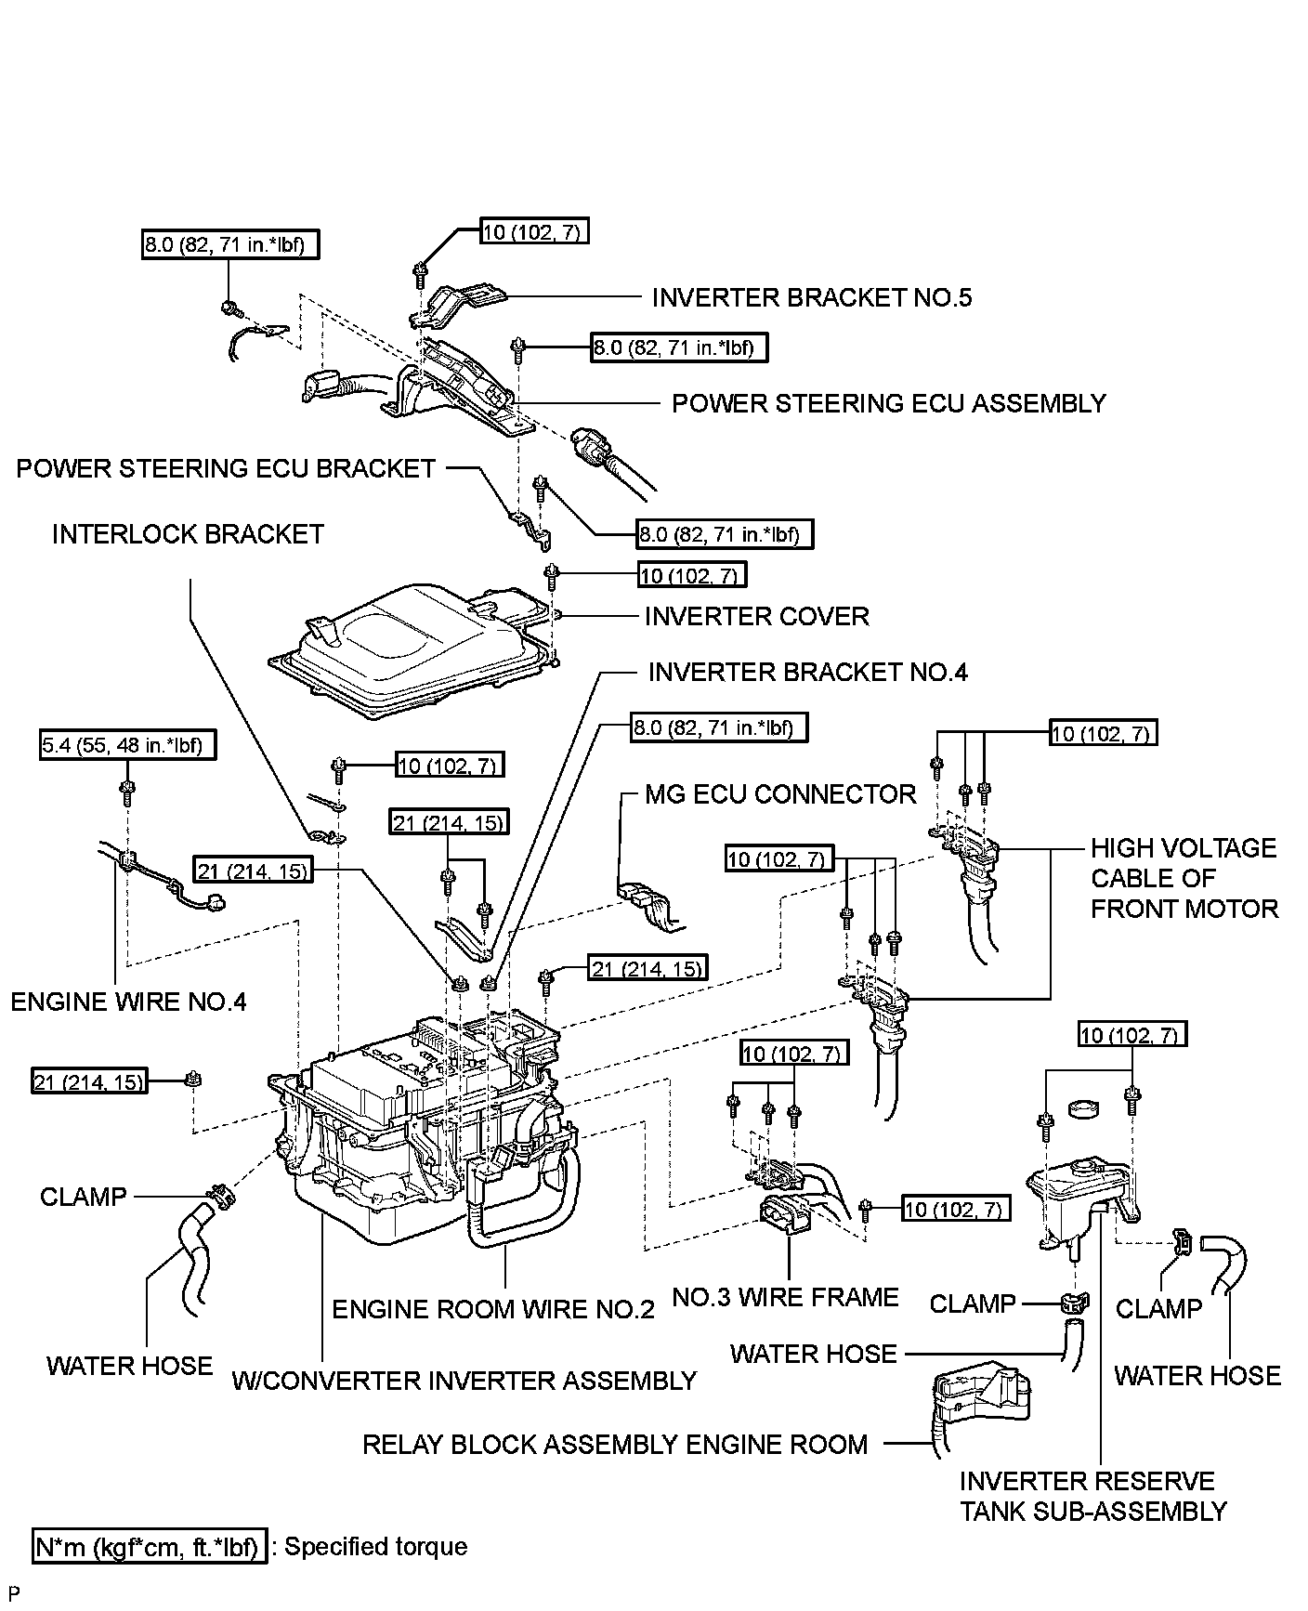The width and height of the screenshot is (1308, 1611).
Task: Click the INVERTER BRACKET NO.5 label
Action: (x=811, y=297)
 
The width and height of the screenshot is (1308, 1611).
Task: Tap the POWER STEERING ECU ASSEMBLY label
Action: (x=888, y=403)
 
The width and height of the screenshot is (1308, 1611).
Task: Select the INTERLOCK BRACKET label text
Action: (x=188, y=534)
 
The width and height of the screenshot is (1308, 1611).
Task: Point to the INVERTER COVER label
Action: (x=756, y=616)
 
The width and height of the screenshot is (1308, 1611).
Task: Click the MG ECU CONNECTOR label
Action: (x=780, y=794)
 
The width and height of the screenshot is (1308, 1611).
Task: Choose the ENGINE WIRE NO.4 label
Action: (x=128, y=1002)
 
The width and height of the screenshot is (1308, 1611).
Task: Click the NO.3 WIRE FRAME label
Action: (x=785, y=1297)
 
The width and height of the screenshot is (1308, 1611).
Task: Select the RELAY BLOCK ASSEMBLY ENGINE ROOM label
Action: (x=614, y=1445)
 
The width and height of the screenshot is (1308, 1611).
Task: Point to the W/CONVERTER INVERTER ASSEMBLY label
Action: (x=464, y=1381)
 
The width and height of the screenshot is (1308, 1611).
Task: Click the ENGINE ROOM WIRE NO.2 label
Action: (x=493, y=1309)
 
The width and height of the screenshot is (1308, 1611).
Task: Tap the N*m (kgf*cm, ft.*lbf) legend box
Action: (x=150, y=1547)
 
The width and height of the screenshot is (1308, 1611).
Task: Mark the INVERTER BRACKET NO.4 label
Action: (x=807, y=672)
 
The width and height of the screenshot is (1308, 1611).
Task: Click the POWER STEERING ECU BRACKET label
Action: (x=226, y=468)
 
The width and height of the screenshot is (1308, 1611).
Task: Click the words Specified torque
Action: (x=375, y=1547)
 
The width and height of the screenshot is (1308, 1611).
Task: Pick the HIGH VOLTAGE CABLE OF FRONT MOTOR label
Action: (x=1184, y=878)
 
